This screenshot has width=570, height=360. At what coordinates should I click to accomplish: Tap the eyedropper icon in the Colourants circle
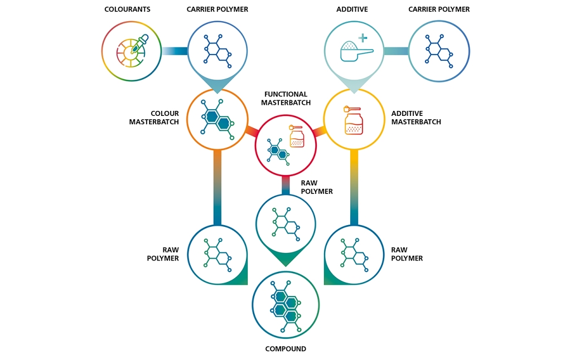click(x=138, y=46)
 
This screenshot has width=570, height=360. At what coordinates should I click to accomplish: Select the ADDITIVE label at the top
click(x=352, y=9)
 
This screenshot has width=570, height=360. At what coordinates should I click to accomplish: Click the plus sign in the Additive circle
click(x=363, y=38)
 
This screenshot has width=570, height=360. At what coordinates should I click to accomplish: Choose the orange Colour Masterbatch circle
click(x=217, y=119)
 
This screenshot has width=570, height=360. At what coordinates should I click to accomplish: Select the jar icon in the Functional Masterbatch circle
click(x=297, y=137)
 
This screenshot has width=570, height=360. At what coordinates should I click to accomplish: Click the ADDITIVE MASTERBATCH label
click(x=416, y=118)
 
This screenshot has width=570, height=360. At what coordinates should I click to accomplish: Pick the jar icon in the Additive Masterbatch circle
click(x=353, y=120)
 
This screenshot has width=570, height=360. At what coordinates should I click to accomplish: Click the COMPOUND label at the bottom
click(x=285, y=349)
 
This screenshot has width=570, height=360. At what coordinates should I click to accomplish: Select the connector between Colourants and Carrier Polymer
click(x=175, y=51)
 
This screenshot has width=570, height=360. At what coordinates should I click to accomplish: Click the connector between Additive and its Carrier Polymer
click(x=396, y=51)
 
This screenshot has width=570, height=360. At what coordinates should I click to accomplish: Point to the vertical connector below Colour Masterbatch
click(x=217, y=187)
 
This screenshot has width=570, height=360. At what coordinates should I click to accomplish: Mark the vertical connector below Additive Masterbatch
click(x=354, y=187)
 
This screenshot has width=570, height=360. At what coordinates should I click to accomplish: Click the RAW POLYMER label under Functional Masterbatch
click(x=317, y=187)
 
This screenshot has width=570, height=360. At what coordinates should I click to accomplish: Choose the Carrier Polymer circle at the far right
click(x=439, y=51)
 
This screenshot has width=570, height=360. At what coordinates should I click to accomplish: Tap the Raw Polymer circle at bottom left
click(x=217, y=255)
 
